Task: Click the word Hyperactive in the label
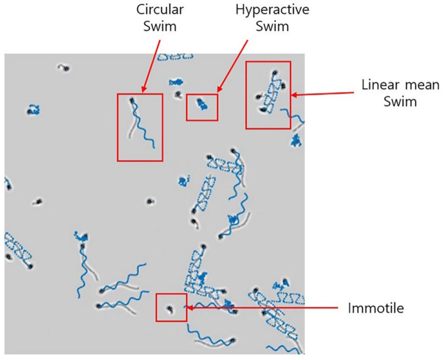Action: coord(264,11)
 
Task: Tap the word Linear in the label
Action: coord(376,86)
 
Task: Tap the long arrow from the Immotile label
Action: coord(264,307)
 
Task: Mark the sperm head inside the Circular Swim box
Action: coord(132,101)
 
